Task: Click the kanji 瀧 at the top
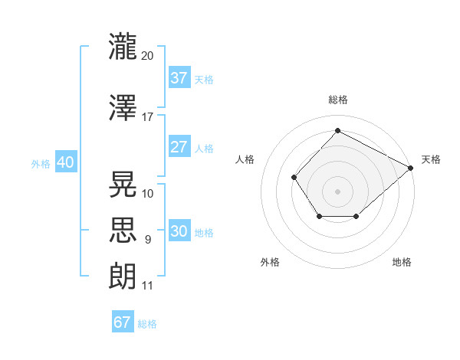click(x=123, y=46)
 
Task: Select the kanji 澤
click(x=123, y=107)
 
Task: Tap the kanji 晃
click(x=123, y=184)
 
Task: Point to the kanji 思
click(x=123, y=230)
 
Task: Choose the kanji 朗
click(x=123, y=277)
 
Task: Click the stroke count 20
click(x=147, y=56)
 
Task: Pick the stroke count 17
click(x=147, y=117)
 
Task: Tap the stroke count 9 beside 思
click(x=148, y=240)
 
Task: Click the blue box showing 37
click(x=179, y=77)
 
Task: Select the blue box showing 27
click(x=179, y=146)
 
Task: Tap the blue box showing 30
click(x=179, y=230)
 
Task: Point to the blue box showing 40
click(x=66, y=162)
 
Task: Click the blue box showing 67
click(x=123, y=321)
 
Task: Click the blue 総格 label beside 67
click(x=147, y=324)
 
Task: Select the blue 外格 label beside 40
click(x=41, y=164)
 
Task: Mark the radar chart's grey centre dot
click(x=337, y=191)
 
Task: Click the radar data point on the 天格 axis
click(x=410, y=168)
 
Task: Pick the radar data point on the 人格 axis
click(x=294, y=178)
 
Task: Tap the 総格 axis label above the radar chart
click(x=338, y=100)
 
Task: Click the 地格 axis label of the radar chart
click(x=402, y=262)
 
